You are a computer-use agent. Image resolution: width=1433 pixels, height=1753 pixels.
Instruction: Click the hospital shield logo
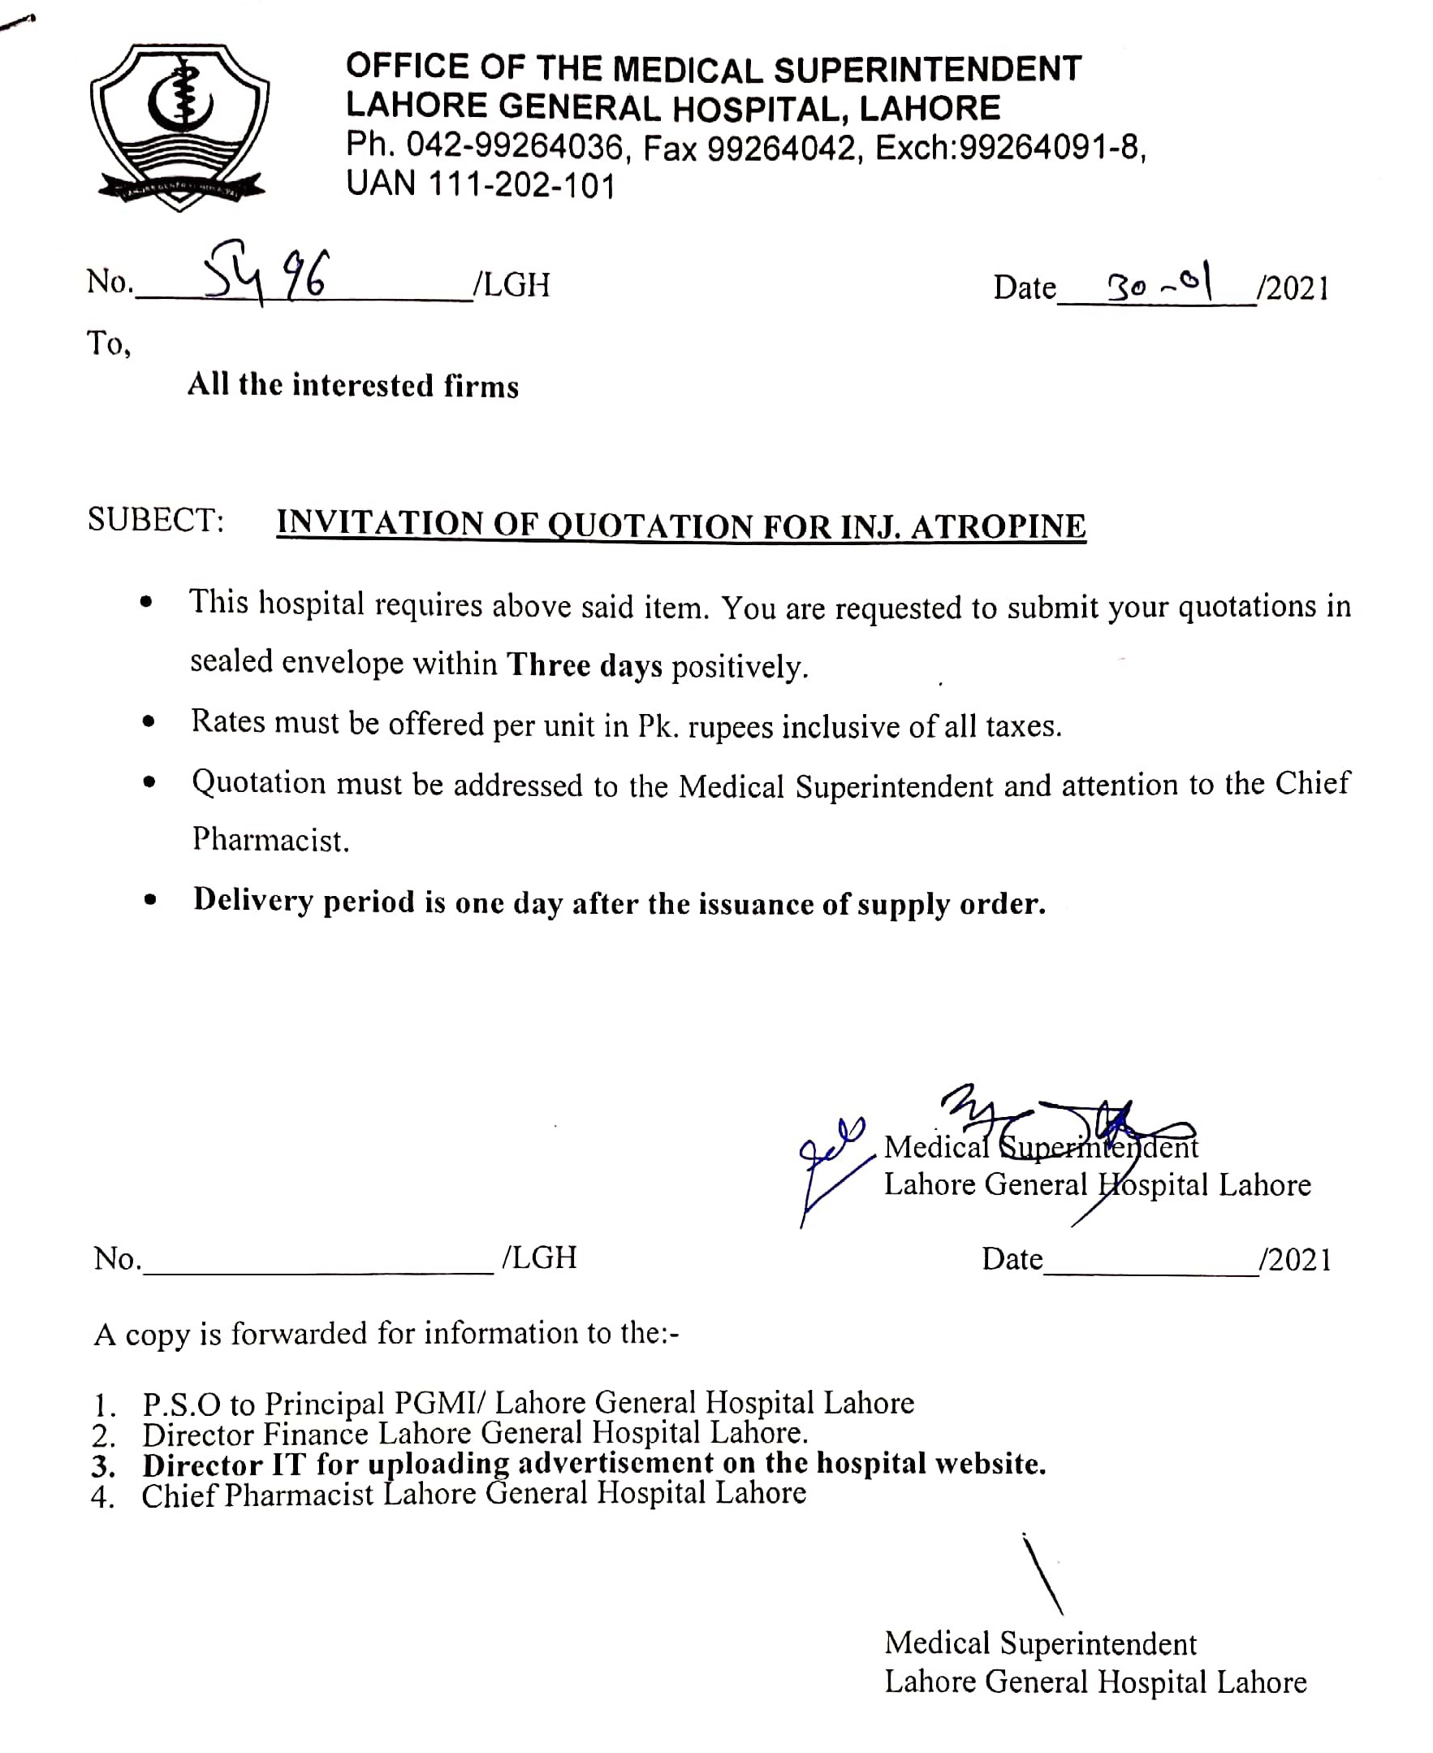coord(179,127)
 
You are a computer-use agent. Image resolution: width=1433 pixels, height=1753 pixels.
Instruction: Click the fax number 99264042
coord(781,149)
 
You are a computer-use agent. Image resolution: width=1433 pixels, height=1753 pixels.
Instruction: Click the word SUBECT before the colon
coord(154,520)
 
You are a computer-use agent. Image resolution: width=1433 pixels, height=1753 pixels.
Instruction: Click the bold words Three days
coord(584,664)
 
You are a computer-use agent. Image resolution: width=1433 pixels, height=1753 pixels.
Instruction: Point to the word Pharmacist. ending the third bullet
coord(270,840)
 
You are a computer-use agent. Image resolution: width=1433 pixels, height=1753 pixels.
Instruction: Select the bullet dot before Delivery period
coord(149,899)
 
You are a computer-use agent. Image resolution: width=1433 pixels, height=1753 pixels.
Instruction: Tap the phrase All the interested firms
coord(353,386)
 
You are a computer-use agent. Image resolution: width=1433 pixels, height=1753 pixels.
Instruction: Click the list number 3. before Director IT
coord(103,1465)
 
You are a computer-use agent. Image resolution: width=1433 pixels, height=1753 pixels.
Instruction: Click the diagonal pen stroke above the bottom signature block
coord(1042,1573)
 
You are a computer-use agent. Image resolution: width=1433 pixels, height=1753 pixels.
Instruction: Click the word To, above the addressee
coord(109,343)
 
